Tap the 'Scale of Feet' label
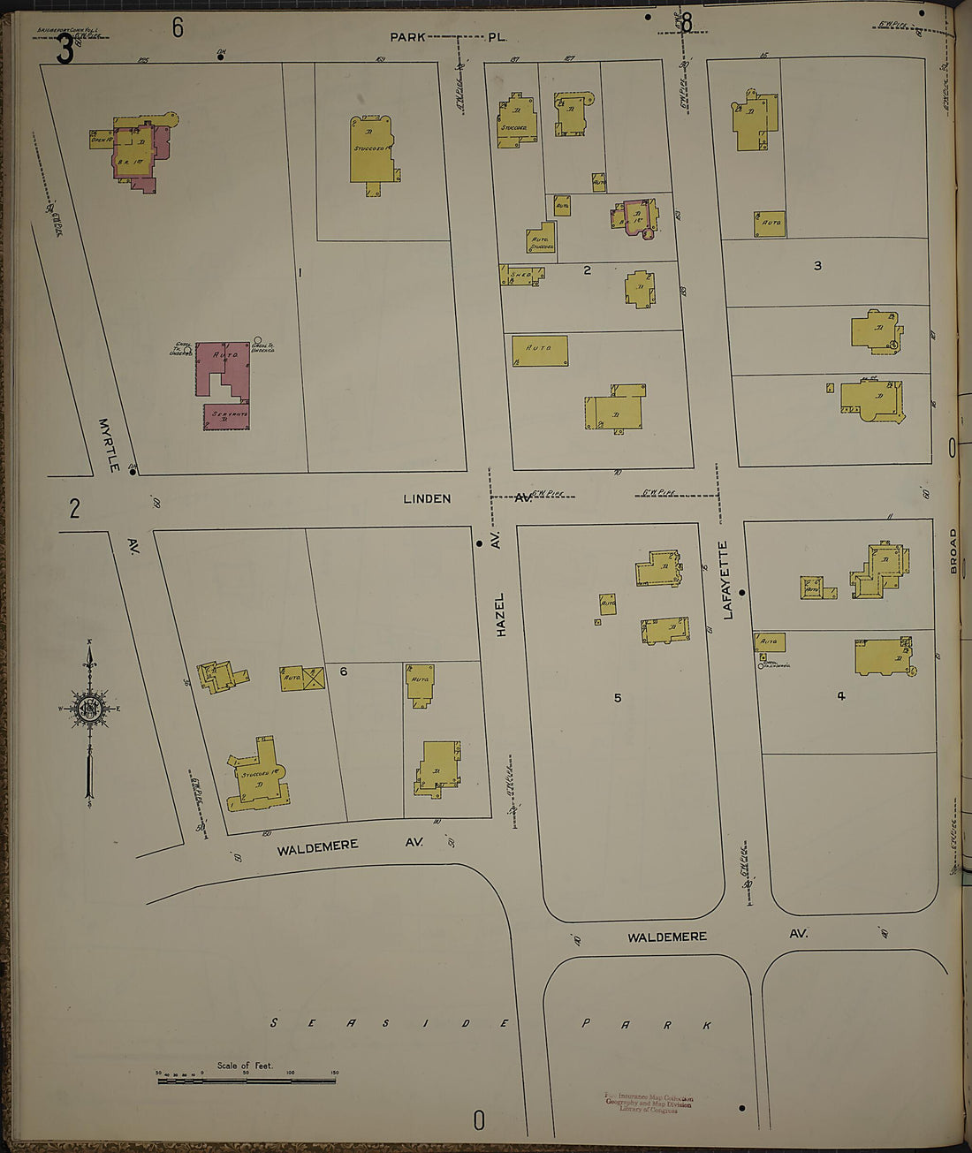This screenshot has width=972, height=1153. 245,1066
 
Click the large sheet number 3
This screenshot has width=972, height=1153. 65,50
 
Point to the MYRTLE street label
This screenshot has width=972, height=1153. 109,444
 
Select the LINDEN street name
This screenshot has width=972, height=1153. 427,498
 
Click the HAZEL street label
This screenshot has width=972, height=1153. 501,615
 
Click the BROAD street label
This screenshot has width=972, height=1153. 953,551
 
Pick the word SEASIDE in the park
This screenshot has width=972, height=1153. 389,1023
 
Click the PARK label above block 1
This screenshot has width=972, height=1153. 409,37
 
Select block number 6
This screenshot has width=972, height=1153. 344,671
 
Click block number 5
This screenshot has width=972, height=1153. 618,698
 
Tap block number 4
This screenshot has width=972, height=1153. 840,696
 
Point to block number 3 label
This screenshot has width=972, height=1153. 817,265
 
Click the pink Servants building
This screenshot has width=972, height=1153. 227,416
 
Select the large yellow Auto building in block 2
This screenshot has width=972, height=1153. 540,351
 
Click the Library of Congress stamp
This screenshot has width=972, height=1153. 649,1104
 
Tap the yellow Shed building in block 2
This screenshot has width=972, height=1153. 520,275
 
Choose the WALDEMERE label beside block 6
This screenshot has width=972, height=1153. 317,847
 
